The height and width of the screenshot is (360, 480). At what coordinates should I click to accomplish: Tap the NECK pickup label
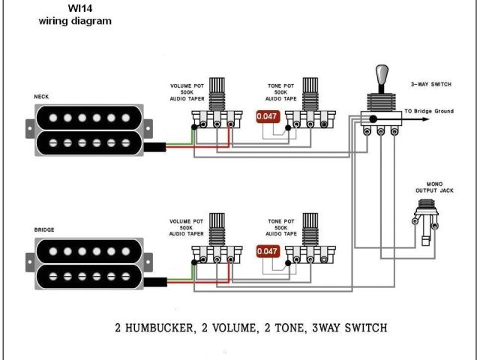tap(42, 97)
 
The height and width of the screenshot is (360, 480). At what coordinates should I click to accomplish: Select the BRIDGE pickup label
tap(44, 229)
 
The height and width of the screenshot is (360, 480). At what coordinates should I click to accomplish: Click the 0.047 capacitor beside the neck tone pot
tap(266, 116)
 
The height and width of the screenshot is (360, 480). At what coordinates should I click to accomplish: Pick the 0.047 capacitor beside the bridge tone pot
tap(266, 251)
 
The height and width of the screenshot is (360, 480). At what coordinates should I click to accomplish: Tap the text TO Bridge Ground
tap(429, 111)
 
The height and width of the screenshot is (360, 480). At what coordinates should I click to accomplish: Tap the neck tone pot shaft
tap(308, 91)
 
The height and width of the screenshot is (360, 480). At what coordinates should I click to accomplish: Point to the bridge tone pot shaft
tap(308, 226)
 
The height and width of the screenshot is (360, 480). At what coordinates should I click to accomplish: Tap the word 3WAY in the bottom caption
tap(328, 328)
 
